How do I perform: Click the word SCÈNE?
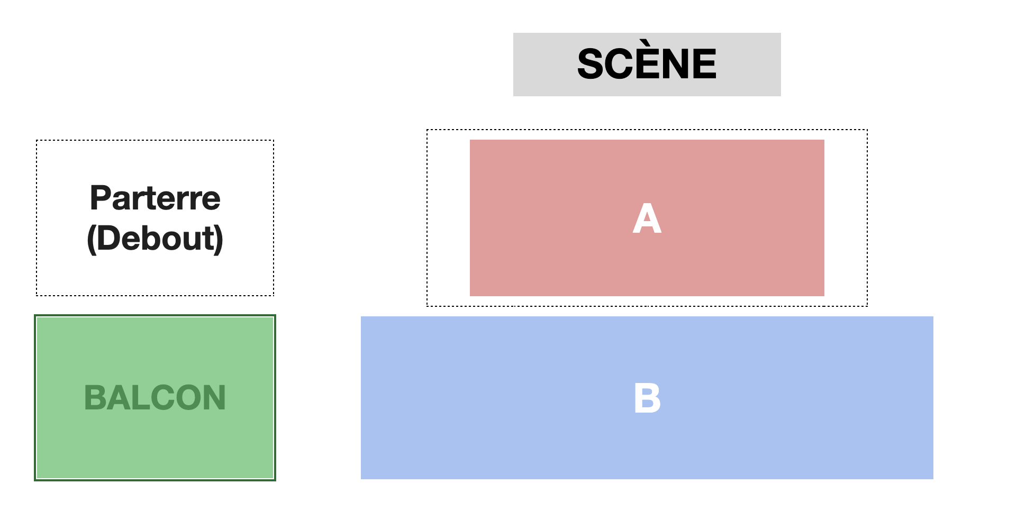point(647,64)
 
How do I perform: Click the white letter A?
point(647,218)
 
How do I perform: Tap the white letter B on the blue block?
point(647,398)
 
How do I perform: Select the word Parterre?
point(155,198)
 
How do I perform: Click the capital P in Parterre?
point(101,198)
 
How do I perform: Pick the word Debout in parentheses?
point(155,238)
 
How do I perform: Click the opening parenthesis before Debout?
point(91,239)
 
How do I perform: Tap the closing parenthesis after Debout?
point(219,239)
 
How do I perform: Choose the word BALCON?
point(155,398)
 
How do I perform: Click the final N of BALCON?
point(214,398)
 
